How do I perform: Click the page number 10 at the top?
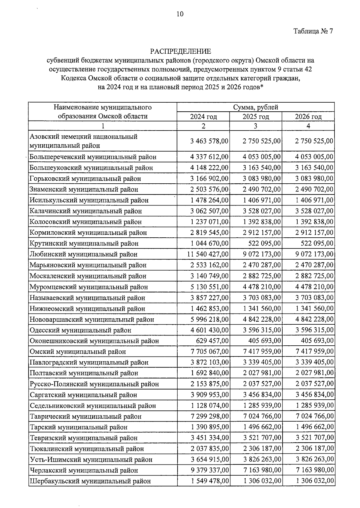click(180, 14)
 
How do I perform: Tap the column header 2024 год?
click(203, 117)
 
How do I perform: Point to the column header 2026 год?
click(308, 117)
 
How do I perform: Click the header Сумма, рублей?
click(256, 107)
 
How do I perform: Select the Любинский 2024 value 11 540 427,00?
click(208, 254)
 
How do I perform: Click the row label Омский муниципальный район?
click(78, 352)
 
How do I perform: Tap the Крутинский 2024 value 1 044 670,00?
click(209, 243)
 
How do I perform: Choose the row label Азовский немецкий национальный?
click(83, 137)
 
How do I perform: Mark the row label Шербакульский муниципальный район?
click(90, 481)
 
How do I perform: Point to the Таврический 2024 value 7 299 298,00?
click(209, 416)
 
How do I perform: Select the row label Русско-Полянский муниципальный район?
click(94, 384)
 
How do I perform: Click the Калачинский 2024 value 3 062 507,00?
click(209, 211)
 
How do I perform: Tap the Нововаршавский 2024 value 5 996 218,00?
click(209, 319)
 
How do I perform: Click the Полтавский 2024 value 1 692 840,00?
click(209, 373)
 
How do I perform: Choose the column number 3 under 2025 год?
click(255, 126)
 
